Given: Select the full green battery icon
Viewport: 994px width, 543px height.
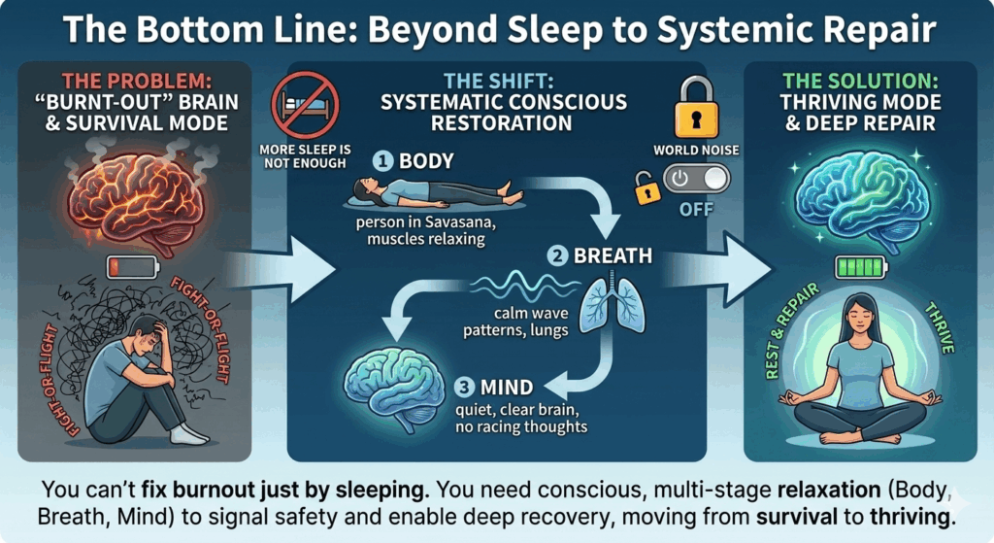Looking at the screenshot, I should coord(861,265).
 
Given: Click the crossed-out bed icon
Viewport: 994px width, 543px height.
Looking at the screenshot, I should coord(310,104).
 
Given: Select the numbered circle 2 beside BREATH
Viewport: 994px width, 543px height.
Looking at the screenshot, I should coord(557,257).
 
